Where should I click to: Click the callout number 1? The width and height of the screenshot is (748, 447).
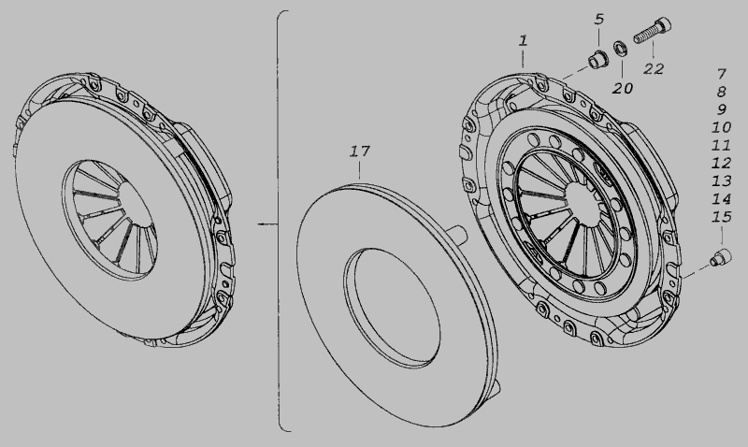524,40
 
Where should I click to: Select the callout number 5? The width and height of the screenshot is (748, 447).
599,19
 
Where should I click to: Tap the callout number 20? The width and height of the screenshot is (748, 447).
623,88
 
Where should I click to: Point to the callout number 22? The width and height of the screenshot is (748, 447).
654,68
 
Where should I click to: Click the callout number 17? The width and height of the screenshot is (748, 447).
360,151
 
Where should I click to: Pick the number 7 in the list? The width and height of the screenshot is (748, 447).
721,74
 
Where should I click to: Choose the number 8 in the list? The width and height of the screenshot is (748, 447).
721,92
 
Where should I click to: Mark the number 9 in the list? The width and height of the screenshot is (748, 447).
721,109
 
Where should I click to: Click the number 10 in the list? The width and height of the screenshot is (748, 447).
721,127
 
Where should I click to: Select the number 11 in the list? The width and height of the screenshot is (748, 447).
721,145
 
